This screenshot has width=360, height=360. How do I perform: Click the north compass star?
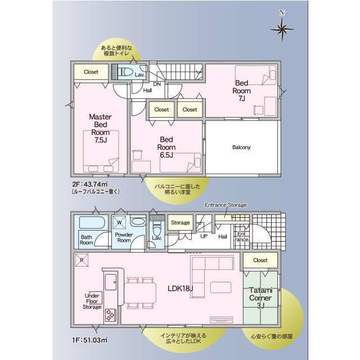tap(282, 29)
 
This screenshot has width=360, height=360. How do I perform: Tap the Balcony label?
tap(241, 147)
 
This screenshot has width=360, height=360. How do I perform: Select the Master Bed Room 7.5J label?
tap(101, 128)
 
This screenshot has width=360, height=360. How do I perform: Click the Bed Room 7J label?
tap(241, 91)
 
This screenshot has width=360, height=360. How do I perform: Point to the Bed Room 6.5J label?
tap(166, 147)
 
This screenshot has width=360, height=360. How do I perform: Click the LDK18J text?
tap(180, 289)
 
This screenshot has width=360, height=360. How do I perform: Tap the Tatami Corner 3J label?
tap(260, 298)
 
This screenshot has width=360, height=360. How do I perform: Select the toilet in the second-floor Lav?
tap(125, 72)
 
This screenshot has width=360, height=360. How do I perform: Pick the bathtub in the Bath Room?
tap(92, 222)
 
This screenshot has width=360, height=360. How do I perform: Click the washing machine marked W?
tap(119, 222)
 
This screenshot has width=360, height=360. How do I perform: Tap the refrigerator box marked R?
tap(82, 260)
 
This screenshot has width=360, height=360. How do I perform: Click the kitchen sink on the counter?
tap(111, 282)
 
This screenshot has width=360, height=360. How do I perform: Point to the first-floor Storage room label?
tap(181, 223)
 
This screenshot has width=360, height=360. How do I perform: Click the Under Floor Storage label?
tap(92, 301)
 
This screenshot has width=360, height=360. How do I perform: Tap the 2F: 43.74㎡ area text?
tap(90, 184)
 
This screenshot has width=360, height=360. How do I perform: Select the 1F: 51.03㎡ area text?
tap(90, 340)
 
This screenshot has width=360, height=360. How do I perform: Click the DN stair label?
tap(157, 84)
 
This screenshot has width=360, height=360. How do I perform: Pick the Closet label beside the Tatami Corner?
tap(260, 260)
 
